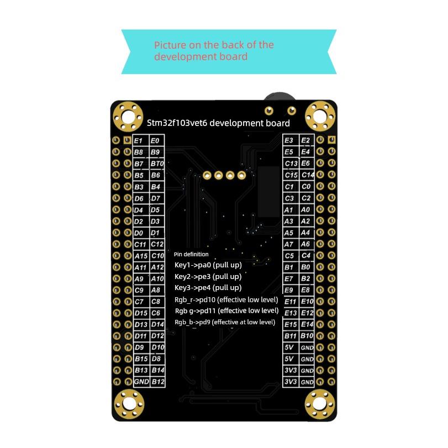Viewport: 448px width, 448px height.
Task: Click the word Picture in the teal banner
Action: tap(169, 45)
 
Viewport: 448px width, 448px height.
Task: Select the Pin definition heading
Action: tap(191, 254)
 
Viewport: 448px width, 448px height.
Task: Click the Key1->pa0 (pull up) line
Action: tap(208, 265)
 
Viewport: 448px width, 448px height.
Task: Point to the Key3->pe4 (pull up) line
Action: tap(208, 287)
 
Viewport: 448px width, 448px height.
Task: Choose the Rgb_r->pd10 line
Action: tap(226, 299)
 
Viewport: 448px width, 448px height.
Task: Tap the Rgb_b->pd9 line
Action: tap(225, 321)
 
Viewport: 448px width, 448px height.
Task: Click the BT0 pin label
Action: tap(157, 164)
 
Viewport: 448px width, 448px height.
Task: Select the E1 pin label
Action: tap(139, 141)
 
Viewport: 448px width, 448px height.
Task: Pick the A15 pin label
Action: tap(141, 256)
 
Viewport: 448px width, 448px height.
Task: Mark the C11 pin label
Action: tap(140, 244)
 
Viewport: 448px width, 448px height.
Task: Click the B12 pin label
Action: tap(157, 382)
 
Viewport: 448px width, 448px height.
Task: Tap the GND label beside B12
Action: tap(140, 382)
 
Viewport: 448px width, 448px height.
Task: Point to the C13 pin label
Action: tap(291, 164)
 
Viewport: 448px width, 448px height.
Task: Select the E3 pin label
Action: tap(289, 141)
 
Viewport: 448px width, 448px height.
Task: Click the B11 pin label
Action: tap(290, 336)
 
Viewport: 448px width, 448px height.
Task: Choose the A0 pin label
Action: tap(305, 210)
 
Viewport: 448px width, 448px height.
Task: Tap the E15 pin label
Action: tap(290, 324)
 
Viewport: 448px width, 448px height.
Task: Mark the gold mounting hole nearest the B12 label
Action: tap(130, 404)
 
